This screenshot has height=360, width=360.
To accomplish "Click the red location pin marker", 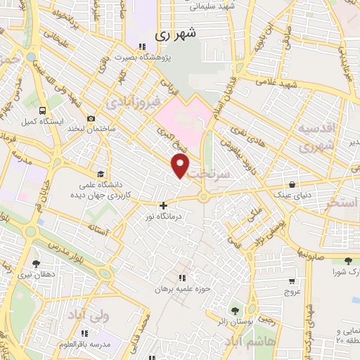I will (181, 166).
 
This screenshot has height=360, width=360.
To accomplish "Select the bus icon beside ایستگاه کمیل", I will (44, 110).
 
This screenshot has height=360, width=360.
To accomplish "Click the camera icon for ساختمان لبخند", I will (91, 120).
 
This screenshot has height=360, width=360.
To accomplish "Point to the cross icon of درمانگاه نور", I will (164, 206).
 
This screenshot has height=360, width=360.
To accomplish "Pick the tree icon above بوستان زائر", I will (235, 310).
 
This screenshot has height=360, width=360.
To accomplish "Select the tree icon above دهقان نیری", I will (36, 264).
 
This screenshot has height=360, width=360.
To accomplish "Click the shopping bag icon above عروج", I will (291, 280).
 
